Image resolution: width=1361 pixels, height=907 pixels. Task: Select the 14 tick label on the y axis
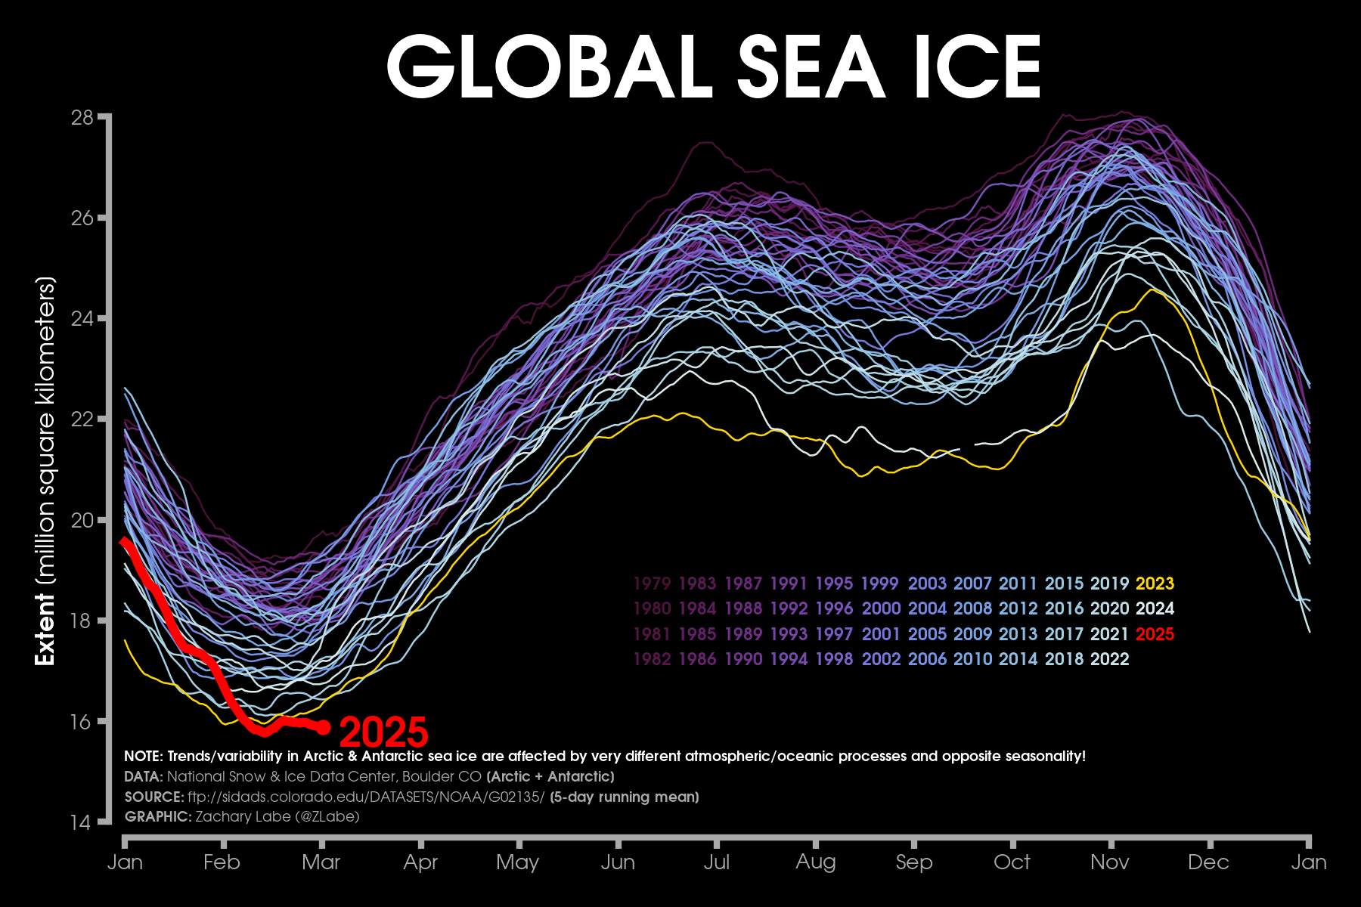81,822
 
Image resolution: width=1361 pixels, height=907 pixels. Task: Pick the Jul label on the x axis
716,862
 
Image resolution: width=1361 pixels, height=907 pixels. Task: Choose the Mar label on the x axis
321,862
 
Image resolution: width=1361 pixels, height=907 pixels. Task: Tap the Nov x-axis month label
1110,862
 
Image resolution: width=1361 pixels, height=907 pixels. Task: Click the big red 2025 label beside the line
384,732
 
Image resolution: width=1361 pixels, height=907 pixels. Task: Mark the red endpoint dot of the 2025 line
324,727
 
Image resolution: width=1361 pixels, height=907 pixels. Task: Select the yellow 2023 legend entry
1155,584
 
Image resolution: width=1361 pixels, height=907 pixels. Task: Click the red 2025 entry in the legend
1155,633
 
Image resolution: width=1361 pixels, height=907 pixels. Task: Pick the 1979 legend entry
652,584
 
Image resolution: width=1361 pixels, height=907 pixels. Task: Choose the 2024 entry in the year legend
1155,608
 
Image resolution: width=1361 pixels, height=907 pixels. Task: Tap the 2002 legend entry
881,659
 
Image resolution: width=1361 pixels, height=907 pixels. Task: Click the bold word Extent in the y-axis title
46,629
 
